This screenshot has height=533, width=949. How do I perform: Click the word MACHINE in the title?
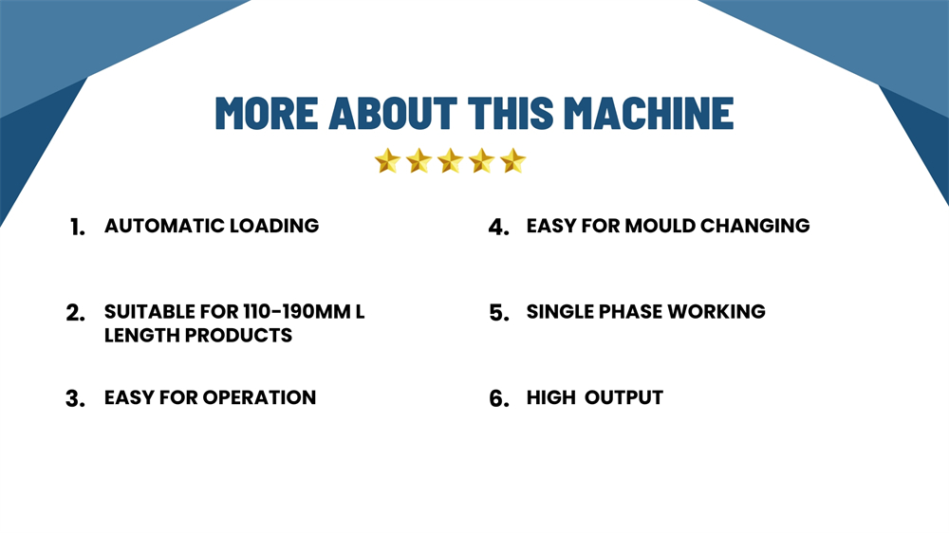[x=649, y=113]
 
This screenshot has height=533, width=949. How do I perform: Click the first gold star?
[x=387, y=161]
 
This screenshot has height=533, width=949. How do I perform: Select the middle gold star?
[x=450, y=161]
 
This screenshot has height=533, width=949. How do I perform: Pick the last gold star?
[x=513, y=161]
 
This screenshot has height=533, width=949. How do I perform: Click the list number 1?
[x=78, y=228]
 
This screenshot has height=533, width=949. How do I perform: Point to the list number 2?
[x=76, y=313]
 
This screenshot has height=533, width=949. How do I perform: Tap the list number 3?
[x=76, y=399]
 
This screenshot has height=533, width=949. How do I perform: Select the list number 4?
[x=499, y=228]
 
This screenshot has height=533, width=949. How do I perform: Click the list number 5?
[x=499, y=313]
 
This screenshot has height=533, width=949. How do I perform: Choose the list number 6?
[x=499, y=399]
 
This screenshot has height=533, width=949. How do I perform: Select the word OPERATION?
[x=259, y=397]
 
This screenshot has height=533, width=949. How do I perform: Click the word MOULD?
[x=660, y=226]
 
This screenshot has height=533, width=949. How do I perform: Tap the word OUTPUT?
[x=624, y=397]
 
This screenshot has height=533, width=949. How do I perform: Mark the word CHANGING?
[x=755, y=226]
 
